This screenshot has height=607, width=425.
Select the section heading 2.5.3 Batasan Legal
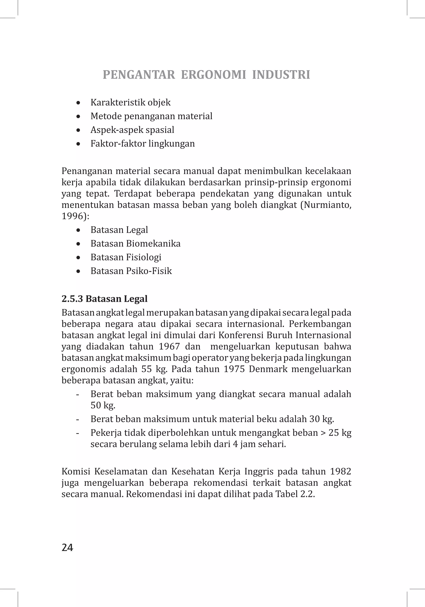point(104,299)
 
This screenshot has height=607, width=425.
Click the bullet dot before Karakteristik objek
point(78,103)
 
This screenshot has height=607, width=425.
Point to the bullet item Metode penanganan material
point(151,116)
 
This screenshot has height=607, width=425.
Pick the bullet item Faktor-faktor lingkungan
point(143,144)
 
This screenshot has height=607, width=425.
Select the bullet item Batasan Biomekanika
point(136,243)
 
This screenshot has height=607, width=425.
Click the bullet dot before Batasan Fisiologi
point(78,258)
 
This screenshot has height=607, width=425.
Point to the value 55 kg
point(154,369)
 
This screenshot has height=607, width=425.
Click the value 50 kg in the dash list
point(103,405)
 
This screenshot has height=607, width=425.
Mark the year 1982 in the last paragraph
point(341,471)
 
